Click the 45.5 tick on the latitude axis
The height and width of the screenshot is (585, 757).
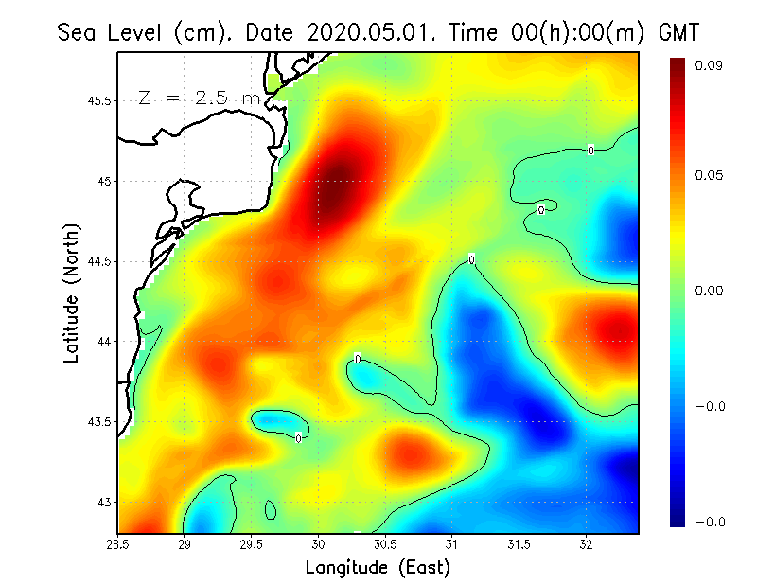[x=97, y=101]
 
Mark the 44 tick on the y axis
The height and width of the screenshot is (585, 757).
[x=104, y=342]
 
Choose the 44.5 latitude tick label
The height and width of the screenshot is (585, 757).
[x=97, y=261]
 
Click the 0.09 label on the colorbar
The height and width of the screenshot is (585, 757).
[x=710, y=66]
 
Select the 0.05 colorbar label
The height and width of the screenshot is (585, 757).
[x=710, y=175]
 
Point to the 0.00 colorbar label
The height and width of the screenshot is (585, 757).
[x=710, y=291]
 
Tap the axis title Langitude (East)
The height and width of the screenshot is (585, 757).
[x=378, y=568]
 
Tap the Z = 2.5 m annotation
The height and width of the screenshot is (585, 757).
[x=198, y=97]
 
